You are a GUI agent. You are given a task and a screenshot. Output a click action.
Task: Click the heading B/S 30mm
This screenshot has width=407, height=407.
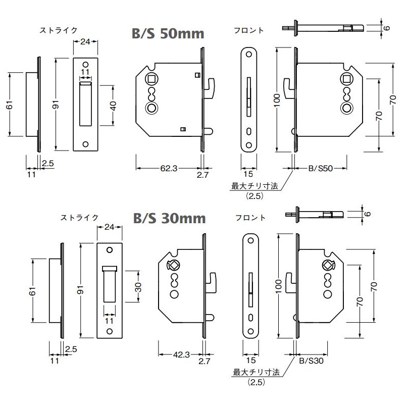point(169,218)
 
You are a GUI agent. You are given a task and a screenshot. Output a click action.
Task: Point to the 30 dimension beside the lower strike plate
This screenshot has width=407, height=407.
point(138,287)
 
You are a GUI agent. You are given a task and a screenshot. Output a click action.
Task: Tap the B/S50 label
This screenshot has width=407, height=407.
point(321,169)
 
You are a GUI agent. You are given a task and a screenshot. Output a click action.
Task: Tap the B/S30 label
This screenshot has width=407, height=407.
point(309,361)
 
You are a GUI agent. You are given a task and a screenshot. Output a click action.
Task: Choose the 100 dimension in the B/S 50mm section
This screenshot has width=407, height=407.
point(277,100)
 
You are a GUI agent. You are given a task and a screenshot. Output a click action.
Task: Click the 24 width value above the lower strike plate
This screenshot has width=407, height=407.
point(110,227)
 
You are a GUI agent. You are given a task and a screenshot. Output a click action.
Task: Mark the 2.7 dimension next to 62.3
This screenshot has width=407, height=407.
point(203,175)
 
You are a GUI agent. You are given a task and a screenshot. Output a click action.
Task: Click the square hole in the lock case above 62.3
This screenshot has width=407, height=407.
point(151,78)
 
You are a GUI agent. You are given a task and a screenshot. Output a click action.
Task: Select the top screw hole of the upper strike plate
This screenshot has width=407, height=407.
point(85,65)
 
